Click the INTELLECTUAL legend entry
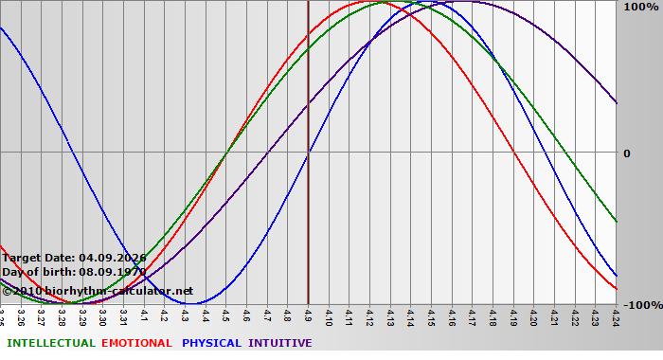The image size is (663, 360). pos(51,343)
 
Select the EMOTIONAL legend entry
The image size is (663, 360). pos(136,343)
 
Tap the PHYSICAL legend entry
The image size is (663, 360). pos(211,343)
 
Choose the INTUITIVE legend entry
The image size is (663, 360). pos(280,343)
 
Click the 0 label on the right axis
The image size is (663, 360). pos(625,153)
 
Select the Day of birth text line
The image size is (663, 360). pos(74,272)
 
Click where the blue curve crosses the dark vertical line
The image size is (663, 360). pos(309,153)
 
